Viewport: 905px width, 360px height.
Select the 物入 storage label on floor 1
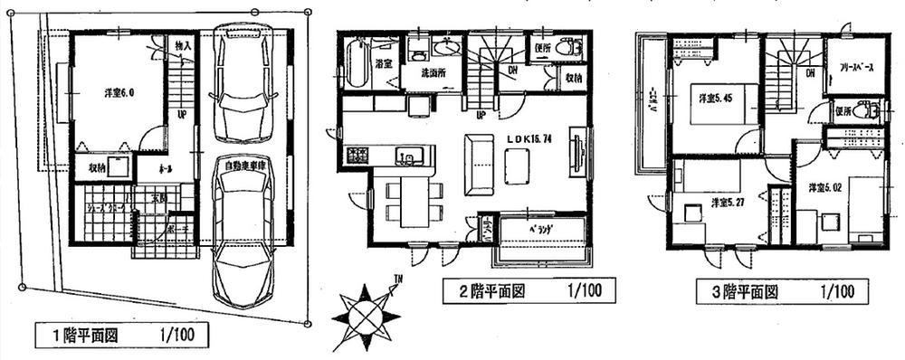(x=181, y=44)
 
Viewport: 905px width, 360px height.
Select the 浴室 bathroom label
(x=383, y=64)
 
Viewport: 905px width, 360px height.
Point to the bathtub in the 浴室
(x=355, y=62)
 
